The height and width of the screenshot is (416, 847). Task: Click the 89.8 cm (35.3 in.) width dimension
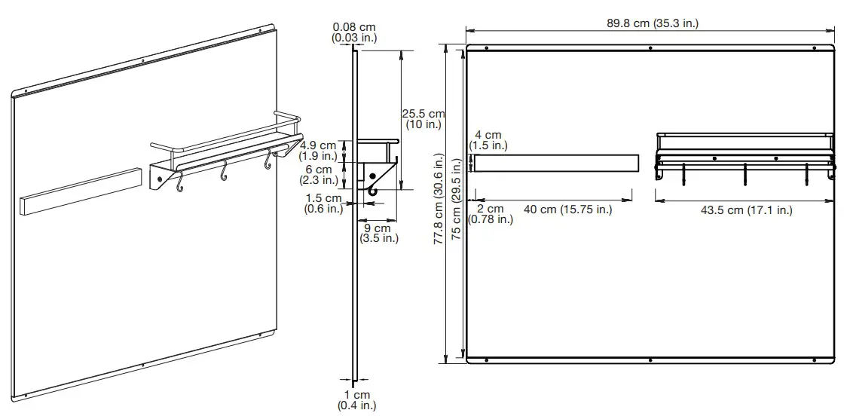(x=653, y=23)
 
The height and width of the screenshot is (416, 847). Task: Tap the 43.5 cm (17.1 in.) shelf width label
(x=746, y=210)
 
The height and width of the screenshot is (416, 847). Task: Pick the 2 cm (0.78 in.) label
(x=491, y=214)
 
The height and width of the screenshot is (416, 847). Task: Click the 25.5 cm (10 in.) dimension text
(x=423, y=119)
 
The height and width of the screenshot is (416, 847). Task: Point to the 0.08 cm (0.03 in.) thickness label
(x=355, y=32)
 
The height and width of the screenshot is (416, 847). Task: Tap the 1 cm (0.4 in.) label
(x=357, y=400)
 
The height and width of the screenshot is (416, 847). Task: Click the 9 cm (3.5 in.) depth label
(x=377, y=233)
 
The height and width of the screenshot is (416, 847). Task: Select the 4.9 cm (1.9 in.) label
(x=317, y=150)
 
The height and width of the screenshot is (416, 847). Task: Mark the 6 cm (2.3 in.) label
(x=317, y=175)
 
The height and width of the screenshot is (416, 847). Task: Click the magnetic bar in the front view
(x=556, y=163)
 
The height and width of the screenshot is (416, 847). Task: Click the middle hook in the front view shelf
(x=745, y=173)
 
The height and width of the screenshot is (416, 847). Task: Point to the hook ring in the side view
(x=372, y=192)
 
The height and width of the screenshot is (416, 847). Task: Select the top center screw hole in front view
(x=650, y=48)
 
